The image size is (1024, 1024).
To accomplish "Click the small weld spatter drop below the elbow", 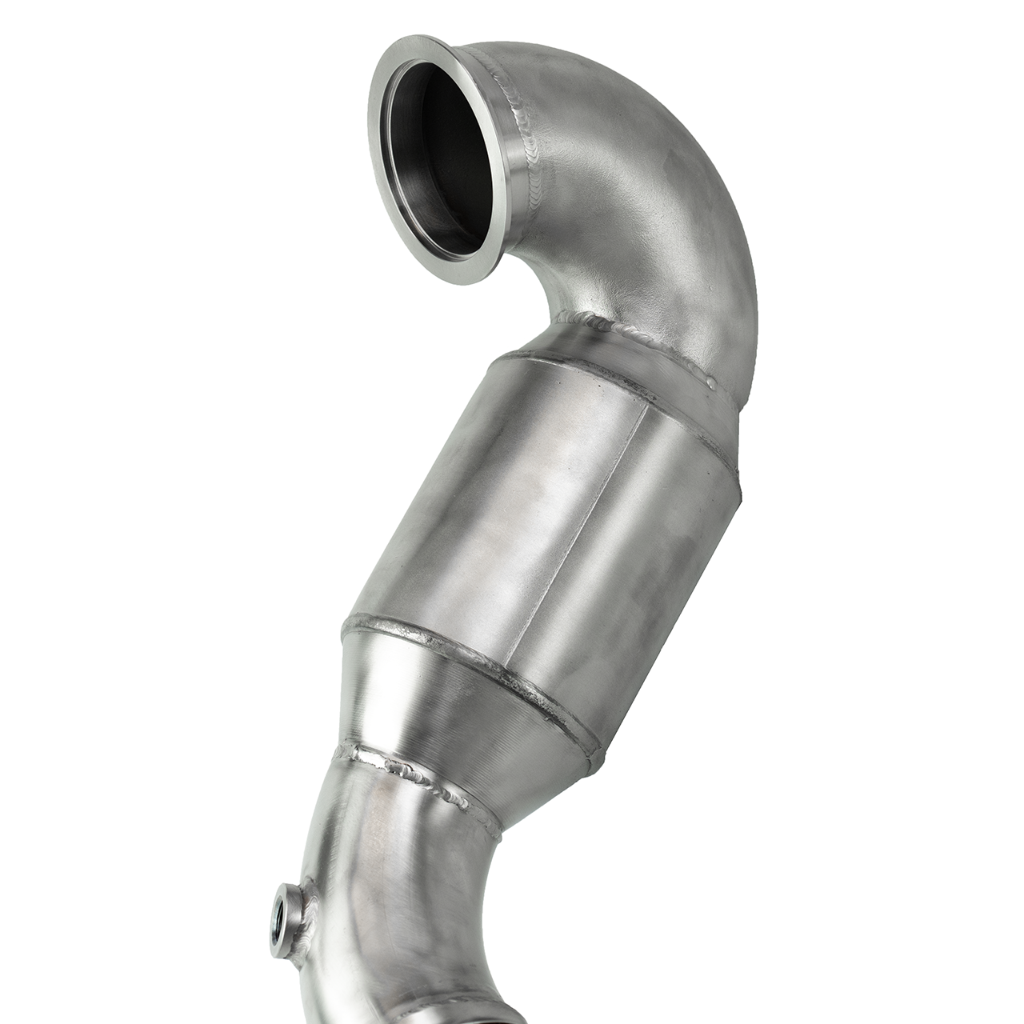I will pyautogui.click(x=711, y=382).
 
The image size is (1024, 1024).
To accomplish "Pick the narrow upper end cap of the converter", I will pyautogui.click(x=560, y=344).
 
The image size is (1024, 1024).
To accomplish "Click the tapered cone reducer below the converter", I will pyautogui.click(x=448, y=720).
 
